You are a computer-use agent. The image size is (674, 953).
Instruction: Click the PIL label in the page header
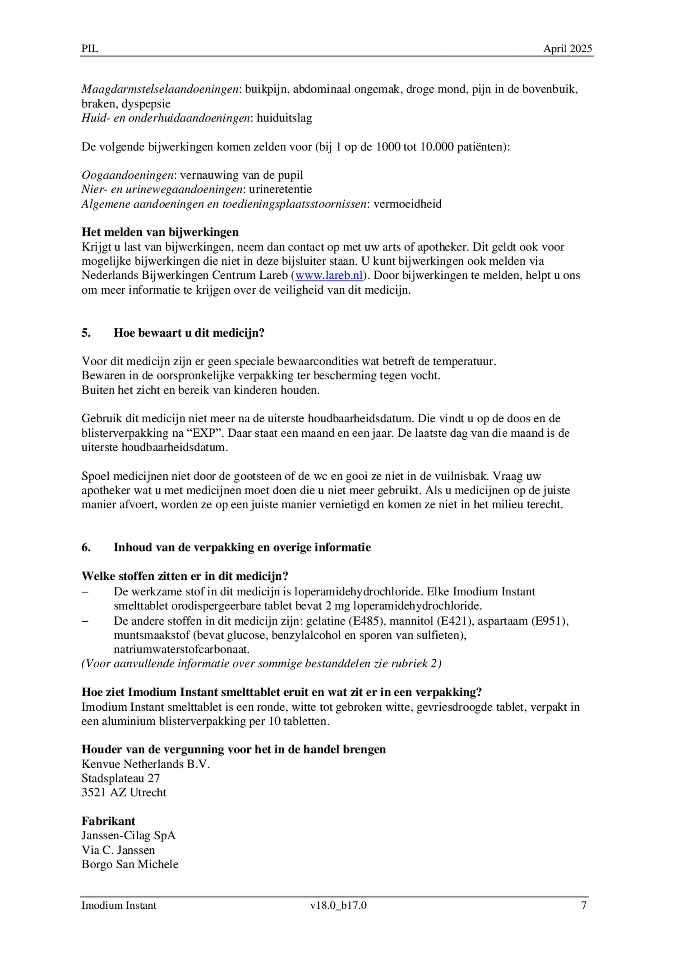(x=90, y=49)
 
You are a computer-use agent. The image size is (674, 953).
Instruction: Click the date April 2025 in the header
(x=567, y=49)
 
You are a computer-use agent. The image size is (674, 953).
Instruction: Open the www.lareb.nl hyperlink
(x=329, y=275)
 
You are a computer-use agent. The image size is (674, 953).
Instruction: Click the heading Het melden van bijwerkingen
(x=160, y=232)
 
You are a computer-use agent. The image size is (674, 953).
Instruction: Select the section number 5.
(x=86, y=333)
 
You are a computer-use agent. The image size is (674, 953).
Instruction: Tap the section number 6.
(x=86, y=547)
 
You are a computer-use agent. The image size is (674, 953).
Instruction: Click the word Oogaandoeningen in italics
(x=128, y=175)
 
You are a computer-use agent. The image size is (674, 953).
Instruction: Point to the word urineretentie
(x=281, y=190)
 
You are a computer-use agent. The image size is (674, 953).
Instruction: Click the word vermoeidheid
(x=407, y=204)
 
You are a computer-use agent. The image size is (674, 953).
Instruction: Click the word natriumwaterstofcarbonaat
(x=181, y=650)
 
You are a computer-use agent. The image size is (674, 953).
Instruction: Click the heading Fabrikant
(x=108, y=821)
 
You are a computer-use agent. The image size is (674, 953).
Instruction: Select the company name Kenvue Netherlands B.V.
(x=146, y=764)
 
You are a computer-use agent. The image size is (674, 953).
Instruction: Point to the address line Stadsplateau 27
(x=120, y=778)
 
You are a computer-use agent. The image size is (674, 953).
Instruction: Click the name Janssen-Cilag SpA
(x=128, y=835)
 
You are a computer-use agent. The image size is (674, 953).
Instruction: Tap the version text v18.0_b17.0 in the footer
(x=338, y=905)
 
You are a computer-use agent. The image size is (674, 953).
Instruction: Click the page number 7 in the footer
(x=584, y=905)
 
